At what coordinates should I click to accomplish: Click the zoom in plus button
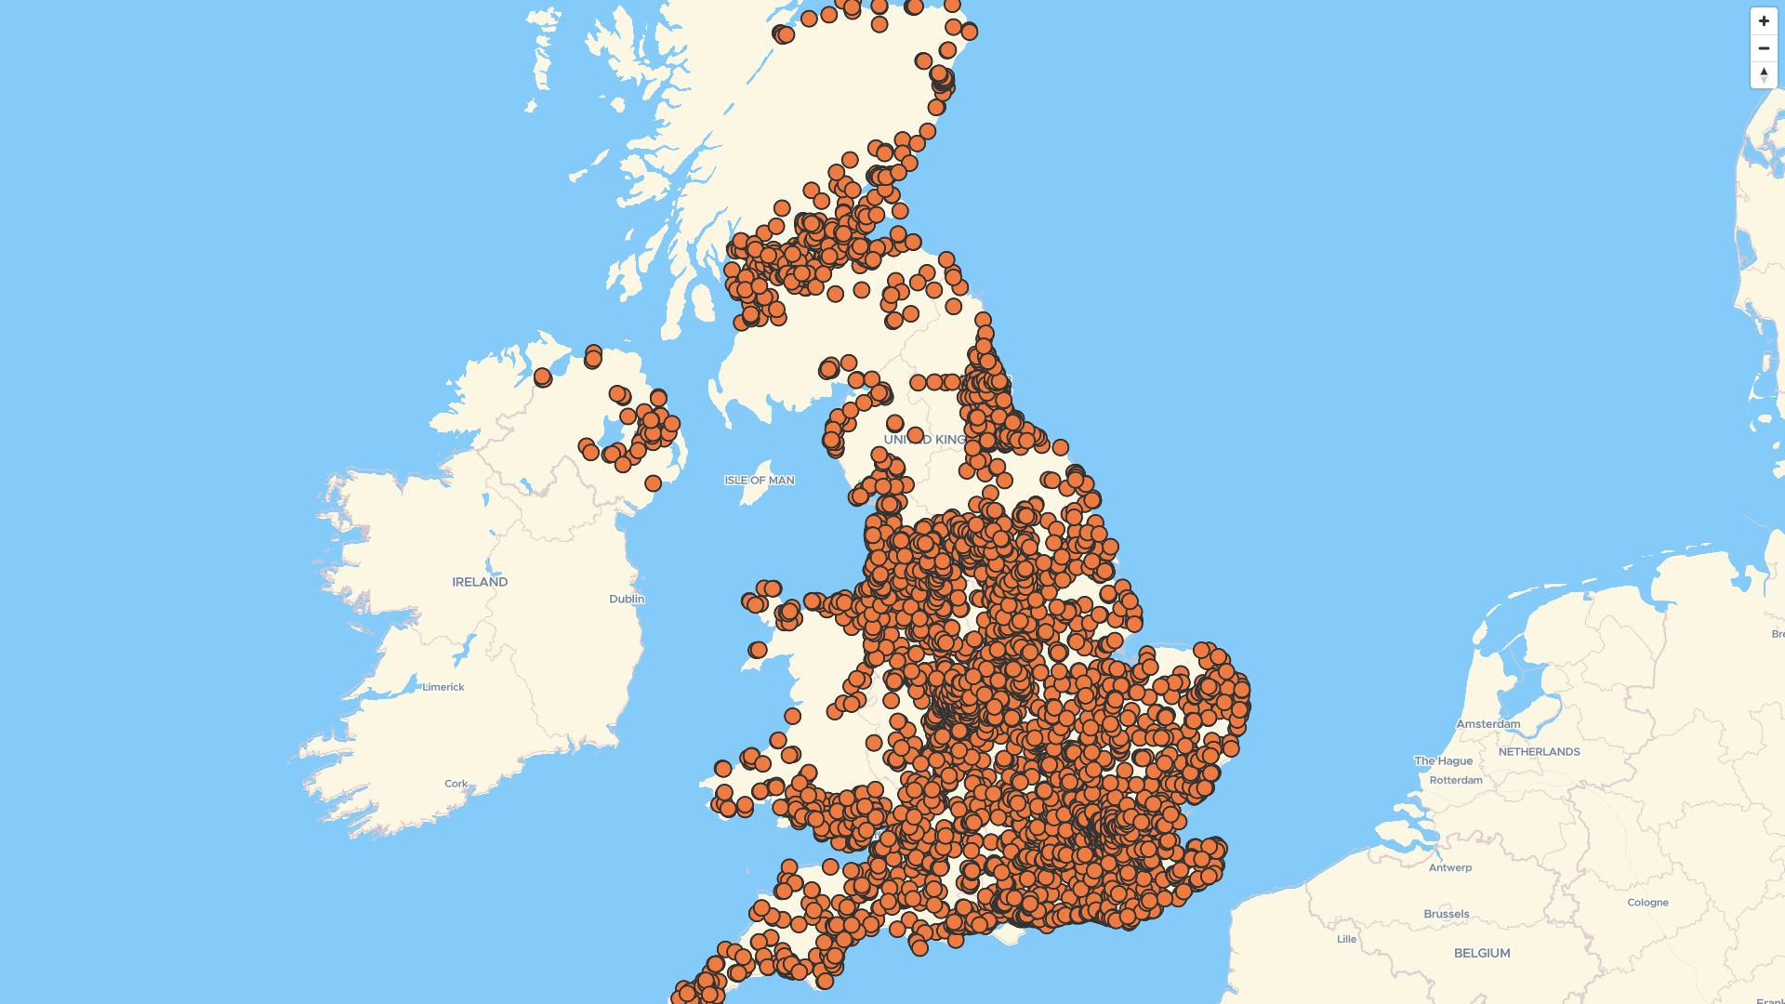click(x=1764, y=21)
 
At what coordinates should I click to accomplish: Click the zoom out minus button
click(x=1764, y=48)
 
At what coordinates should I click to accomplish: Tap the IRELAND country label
click(x=480, y=582)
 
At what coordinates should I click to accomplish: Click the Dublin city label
click(x=627, y=599)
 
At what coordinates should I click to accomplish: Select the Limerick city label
click(x=443, y=687)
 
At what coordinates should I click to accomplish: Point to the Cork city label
click(x=456, y=784)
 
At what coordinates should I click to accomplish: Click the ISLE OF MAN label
click(x=760, y=481)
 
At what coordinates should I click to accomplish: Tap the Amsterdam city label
click(x=1488, y=724)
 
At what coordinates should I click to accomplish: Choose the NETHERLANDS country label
click(x=1539, y=752)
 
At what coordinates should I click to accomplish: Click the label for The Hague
click(x=1443, y=760)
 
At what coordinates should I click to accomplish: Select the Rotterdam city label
click(x=1456, y=780)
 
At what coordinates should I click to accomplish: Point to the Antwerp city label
click(x=1450, y=867)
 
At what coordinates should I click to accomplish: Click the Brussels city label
click(x=1447, y=914)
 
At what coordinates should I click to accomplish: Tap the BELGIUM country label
click(x=1482, y=953)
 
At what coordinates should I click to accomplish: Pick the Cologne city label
click(x=1647, y=903)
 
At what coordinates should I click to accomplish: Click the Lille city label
click(x=1346, y=939)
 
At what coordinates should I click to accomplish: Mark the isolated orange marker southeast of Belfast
click(x=653, y=483)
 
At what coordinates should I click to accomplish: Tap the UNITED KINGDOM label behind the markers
click(x=925, y=440)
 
